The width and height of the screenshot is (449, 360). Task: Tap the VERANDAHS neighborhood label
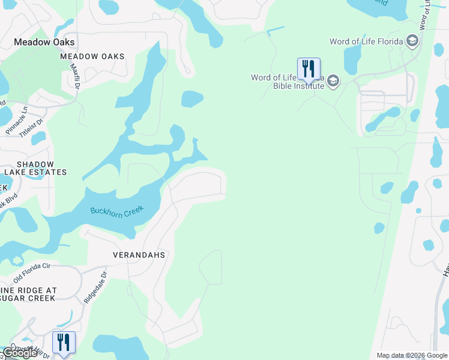[139, 255]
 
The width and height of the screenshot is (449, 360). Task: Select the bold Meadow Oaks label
[45, 42]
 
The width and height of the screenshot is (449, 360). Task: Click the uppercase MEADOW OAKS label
[92, 56]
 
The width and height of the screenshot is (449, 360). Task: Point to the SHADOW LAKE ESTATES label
[35, 168]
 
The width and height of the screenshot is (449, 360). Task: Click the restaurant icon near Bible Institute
[309, 68]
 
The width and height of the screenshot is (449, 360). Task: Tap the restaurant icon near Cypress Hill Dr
[64, 342]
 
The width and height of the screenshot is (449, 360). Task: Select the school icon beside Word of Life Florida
[412, 41]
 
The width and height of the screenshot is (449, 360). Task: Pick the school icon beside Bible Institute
[333, 82]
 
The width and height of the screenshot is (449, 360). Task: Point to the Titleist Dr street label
[32, 129]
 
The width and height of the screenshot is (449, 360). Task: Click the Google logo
[19, 353]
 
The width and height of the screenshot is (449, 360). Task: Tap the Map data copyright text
[412, 355]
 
